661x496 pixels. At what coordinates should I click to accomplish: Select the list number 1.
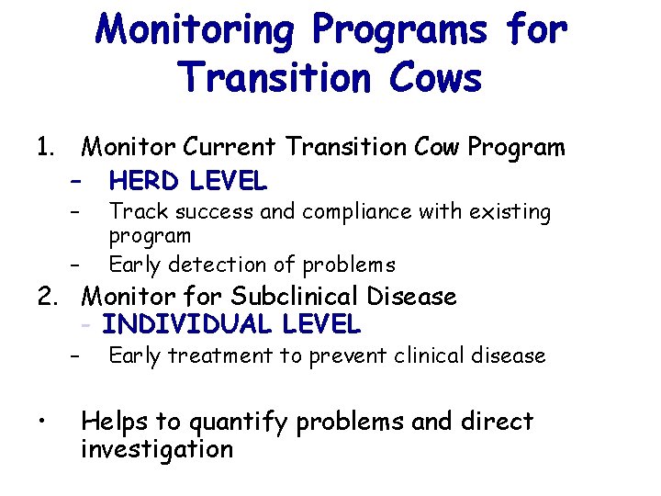tap(45, 147)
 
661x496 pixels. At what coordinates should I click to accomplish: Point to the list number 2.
tap(47, 297)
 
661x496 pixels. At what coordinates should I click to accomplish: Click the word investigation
tap(157, 449)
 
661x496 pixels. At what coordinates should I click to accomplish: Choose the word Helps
tap(115, 422)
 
